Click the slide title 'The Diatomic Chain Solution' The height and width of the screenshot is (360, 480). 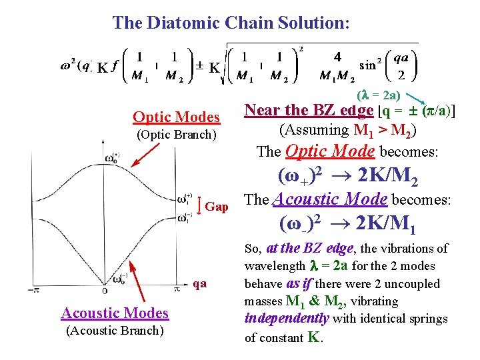(x=231, y=23)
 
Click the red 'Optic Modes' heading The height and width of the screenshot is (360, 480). (x=176, y=117)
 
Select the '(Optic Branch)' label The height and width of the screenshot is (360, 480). (x=176, y=135)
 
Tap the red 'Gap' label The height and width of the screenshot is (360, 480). (x=217, y=207)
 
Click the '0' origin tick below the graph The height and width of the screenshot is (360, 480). (x=105, y=291)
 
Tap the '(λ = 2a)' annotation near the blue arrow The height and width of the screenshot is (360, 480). (x=379, y=95)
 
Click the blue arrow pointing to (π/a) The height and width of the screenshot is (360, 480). (x=424, y=100)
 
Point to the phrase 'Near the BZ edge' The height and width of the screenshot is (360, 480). (x=309, y=110)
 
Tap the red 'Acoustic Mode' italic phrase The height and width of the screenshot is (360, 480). (x=331, y=199)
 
